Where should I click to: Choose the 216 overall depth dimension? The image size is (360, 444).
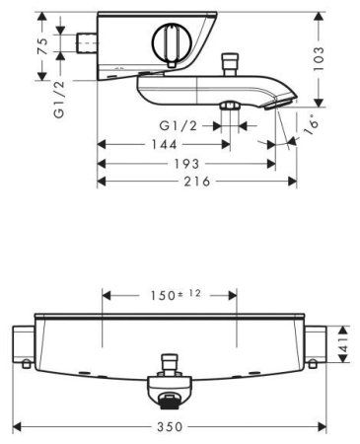pyautogui.click(x=197, y=182)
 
